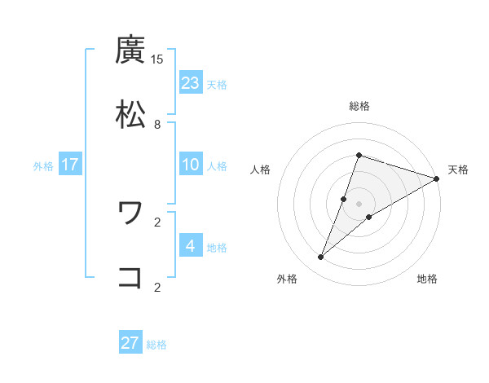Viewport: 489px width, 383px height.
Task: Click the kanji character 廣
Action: (x=131, y=51)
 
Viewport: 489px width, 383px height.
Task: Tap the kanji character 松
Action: (x=131, y=115)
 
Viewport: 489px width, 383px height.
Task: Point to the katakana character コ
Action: (x=131, y=277)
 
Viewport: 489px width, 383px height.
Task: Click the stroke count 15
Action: (x=157, y=59)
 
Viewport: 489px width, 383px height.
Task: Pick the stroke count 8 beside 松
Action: (x=157, y=124)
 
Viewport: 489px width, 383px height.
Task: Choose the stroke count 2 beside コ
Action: (x=157, y=286)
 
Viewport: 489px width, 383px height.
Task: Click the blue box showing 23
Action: (x=191, y=83)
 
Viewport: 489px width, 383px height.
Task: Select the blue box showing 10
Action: (x=191, y=165)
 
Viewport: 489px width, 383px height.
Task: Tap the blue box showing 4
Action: (x=191, y=245)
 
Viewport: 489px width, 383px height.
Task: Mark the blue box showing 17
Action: (x=70, y=165)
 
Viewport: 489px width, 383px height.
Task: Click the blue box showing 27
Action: (x=130, y=343)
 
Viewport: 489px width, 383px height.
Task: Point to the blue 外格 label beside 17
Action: (x=43, y=166)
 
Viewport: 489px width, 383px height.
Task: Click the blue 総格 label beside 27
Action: (x=156, y=345)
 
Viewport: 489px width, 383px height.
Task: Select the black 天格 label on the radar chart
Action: (x=458, y=169)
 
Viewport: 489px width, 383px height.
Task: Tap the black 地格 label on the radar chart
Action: (x=427, y=279)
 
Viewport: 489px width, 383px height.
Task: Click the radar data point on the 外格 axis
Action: (x=321, y=258)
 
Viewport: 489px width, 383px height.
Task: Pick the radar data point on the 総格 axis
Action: (x=359, y=155)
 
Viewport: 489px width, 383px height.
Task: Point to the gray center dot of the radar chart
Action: (x=359, y=204)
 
